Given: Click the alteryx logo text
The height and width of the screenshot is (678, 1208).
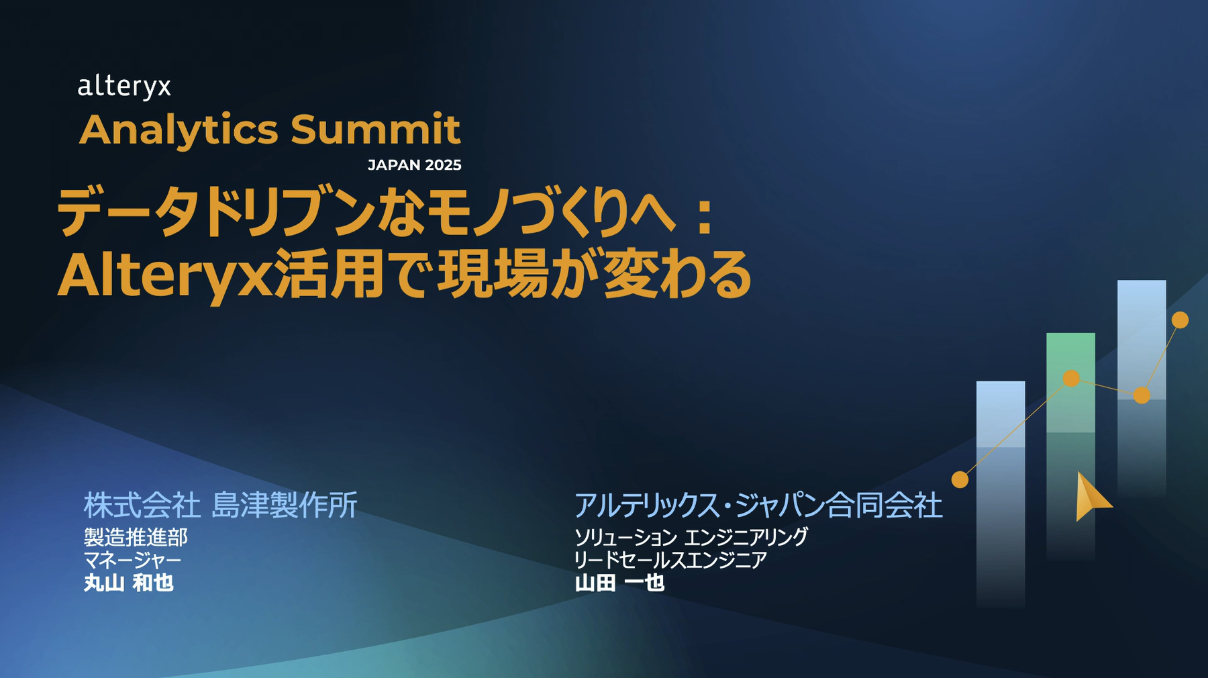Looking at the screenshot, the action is click(x=124, y=87).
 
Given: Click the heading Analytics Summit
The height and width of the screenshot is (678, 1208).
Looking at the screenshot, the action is click(x=270, y=130).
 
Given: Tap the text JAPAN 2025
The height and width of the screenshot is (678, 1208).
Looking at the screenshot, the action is click(x=415, y=165).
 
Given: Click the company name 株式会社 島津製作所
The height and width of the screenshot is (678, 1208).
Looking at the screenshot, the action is click(x=220, y=505).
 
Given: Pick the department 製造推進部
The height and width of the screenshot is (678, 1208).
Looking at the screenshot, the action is click(x=136, y=537).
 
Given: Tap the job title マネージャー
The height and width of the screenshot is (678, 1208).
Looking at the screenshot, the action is click(x=132, y=560).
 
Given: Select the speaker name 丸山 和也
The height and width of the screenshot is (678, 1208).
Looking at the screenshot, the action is click(x=129, y=583).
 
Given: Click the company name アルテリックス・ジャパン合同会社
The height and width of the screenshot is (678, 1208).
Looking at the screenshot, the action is click(x=758, y=505).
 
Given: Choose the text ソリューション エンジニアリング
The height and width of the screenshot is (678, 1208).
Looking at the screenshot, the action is click(x=691, y=537).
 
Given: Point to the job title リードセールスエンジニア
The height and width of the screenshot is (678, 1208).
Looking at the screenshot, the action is click(x=670, y=560).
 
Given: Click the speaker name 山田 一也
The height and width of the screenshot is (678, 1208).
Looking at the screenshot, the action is click(x=619, y=583).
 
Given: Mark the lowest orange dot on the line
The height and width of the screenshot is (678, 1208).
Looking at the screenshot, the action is click(x=960, y=479).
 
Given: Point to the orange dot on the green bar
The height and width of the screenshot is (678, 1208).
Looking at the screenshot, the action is click(x=1071, y=379).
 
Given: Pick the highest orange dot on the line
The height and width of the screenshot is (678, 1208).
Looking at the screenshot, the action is click(x=1180, y=320).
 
